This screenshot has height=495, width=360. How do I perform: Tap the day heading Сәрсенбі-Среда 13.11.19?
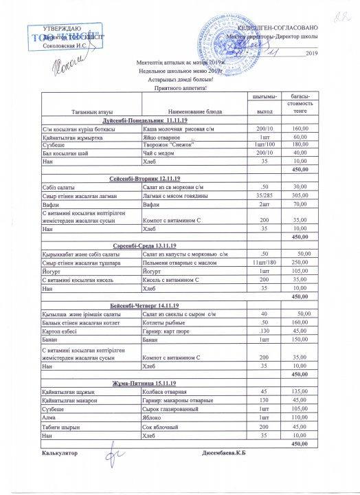[144, 244]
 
